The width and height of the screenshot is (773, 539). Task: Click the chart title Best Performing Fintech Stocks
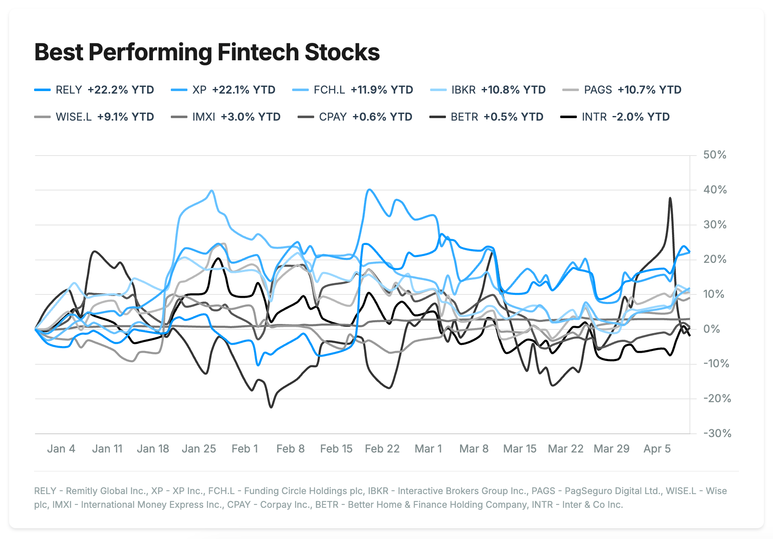(x=207, y=52)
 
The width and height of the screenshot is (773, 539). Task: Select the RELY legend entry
(x=94, y=90)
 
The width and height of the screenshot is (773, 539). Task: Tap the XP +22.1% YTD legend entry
(x=223, y=90)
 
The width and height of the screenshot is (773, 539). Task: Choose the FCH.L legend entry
(x=353, y=90)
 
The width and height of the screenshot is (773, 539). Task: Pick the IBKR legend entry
(x=488, y=90)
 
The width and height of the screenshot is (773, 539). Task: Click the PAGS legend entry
(x=622, y=90)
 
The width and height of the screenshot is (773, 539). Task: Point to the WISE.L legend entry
(x=94, y=117)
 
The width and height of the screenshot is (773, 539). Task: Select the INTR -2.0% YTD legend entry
(x=615, y=117)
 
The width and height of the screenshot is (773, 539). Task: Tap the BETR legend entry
(x=486, y=117)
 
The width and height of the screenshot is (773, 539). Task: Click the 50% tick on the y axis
(x=714, y=155)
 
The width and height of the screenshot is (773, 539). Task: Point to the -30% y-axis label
(x=717, y=433)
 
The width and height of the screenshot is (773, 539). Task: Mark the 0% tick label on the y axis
(x=711, y=329)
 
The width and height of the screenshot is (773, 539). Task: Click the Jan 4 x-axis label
(x=61, y=449)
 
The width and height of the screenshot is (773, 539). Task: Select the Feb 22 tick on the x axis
(x=382, y=449)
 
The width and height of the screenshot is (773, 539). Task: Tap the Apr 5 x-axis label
(x=657, y=449)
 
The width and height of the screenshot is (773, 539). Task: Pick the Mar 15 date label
(x=519, y=449)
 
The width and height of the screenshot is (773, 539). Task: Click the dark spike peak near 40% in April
(x=670, y=198)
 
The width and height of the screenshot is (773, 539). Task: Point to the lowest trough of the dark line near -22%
(x=271, y=407)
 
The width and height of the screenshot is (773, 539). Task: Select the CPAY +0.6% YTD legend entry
(x=355, y=117)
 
